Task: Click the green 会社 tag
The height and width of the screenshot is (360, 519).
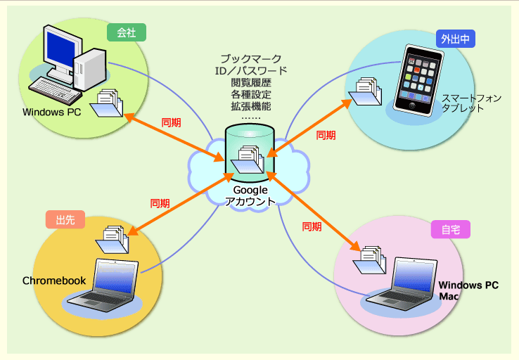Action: [127, 32]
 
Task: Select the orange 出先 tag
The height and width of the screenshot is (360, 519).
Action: [65, 219]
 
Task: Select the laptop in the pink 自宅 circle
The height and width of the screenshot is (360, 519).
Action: [402, 285]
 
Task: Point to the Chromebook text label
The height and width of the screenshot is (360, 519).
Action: [54, 281]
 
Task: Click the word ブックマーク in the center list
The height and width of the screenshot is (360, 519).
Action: [251, 58]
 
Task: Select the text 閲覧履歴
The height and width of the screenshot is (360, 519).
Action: [251, 82]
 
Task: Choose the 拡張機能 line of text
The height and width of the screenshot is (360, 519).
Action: [251, 106]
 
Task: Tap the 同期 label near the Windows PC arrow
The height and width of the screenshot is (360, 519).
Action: [171, 122]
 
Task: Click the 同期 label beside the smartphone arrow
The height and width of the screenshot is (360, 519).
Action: [326, 134]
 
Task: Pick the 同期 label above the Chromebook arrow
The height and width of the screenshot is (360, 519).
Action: [160, 203]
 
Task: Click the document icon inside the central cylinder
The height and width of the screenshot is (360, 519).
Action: [249, 159]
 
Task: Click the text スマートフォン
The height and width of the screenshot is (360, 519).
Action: [471, 98]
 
